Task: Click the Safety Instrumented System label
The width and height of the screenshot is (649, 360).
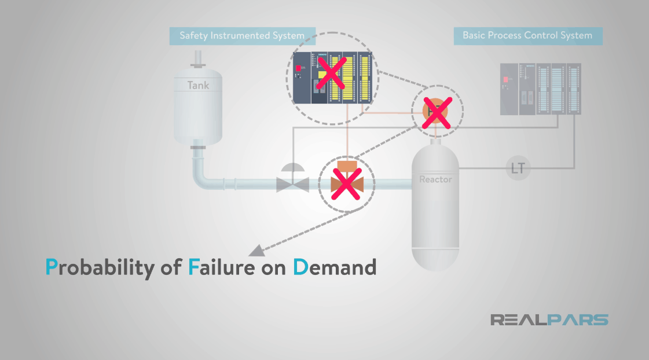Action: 241,36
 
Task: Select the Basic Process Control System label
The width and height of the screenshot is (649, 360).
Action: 527,36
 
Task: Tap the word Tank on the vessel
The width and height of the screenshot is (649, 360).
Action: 198,86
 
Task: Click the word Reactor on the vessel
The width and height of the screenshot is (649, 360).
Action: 435,179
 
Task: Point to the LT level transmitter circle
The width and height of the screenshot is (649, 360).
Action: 518,168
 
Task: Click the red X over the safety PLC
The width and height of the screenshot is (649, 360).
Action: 333,72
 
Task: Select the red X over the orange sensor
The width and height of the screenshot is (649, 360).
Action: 437,112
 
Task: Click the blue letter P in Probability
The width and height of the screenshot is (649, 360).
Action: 52,267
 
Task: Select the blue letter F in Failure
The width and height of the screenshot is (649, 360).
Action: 193,267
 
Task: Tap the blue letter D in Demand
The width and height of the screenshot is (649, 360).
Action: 300,267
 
